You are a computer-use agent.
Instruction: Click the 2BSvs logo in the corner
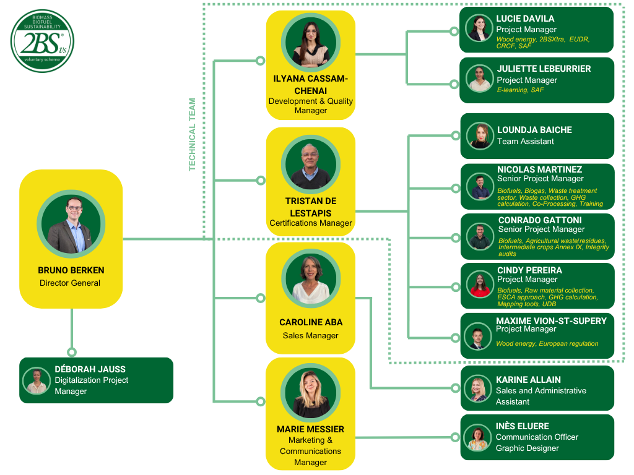click(42, 40)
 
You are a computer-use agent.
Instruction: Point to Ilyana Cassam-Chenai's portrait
click(310, 43)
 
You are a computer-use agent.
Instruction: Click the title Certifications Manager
click(311, 223)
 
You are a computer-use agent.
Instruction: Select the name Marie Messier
click(310, 429)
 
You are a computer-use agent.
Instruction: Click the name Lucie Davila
click(525, 19)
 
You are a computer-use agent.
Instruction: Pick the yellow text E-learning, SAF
click(520, 90)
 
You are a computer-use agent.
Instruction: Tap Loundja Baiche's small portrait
click(480, 136)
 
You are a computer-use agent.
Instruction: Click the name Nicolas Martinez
click(539, 169)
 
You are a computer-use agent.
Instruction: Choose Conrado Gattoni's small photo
click(479, 236)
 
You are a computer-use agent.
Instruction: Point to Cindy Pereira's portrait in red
click(479, 285)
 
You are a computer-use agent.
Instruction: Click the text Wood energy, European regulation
click(547, 343)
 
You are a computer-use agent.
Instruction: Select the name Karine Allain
click(528, 380)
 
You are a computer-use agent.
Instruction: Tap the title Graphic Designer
click(527, 448)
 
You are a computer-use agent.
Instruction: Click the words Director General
click(70, 283)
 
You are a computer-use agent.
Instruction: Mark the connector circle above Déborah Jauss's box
click(72, 351)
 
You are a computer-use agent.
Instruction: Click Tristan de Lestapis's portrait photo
click(310, 166)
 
